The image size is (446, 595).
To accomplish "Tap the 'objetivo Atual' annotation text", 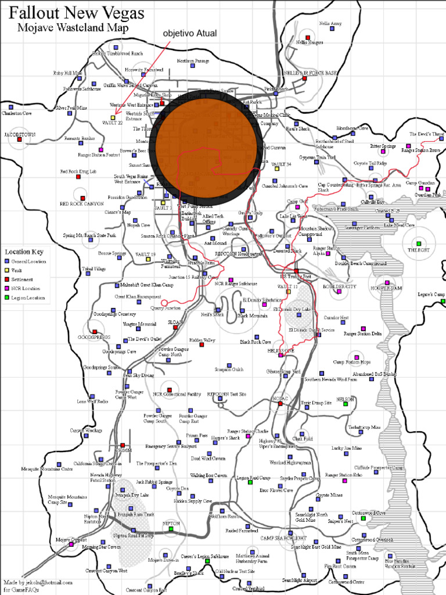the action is (x=190, y=34).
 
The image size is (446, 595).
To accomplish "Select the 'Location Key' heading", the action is (x=24, y=252).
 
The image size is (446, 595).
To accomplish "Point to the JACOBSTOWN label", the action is (x=20, y=134).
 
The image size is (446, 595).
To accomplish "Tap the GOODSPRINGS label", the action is (x=94, y=337).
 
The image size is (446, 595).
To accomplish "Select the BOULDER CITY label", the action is (x=339, y=286).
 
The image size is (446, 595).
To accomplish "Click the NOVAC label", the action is (x=279, y=398).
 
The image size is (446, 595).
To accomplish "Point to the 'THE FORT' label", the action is (x=418, y=250).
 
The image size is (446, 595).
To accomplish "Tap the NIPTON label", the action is (x=171, y=523).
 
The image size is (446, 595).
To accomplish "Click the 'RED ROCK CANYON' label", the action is (x=81, y=204).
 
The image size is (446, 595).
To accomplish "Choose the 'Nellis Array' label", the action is (x=330, y=24).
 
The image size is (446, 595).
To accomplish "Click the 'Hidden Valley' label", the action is (x=202, y=340).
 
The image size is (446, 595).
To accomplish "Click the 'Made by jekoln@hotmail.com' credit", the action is (x=38, y=582).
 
